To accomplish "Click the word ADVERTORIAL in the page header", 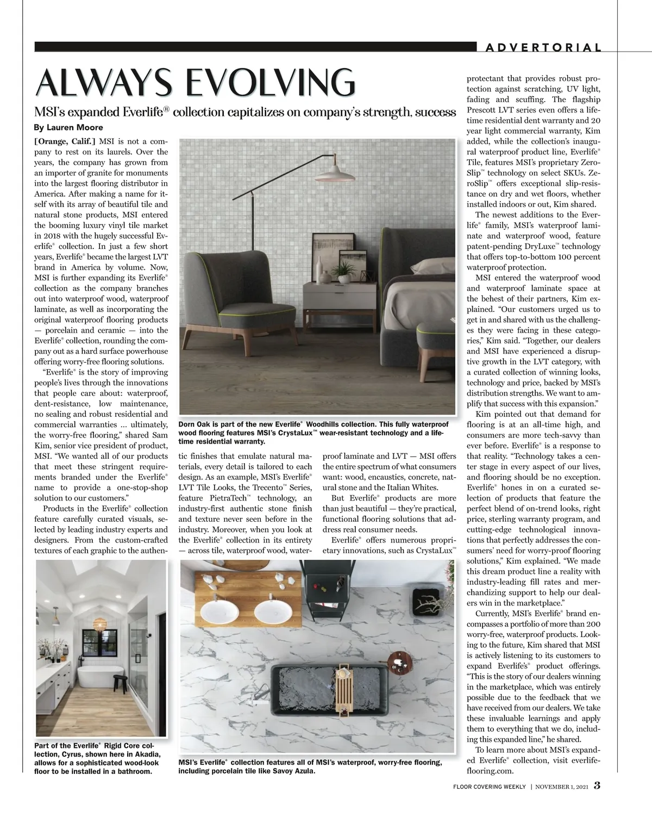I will coord(543,48).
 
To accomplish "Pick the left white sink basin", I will coord(220,612).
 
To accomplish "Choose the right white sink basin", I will coord(273,611).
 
